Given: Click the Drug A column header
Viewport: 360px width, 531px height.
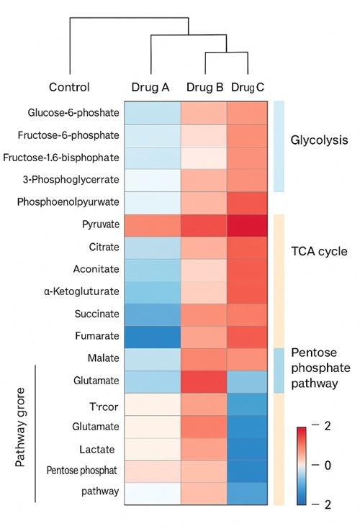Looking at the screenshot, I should (150, 87).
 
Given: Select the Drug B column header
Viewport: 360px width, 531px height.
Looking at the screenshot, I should (204, 87).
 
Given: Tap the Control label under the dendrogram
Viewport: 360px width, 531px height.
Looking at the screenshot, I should (69, 87).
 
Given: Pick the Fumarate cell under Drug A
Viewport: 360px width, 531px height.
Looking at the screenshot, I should (151, 335).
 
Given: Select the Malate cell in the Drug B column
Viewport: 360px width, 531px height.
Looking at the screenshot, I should (203, 358).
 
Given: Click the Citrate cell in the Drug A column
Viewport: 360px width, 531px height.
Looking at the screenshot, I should (151, 248).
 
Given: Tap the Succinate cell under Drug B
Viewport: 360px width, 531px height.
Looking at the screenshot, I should (203, 314).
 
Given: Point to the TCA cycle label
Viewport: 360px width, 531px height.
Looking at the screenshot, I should (319, 252).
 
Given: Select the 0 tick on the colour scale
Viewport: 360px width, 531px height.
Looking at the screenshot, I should (327, 466).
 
